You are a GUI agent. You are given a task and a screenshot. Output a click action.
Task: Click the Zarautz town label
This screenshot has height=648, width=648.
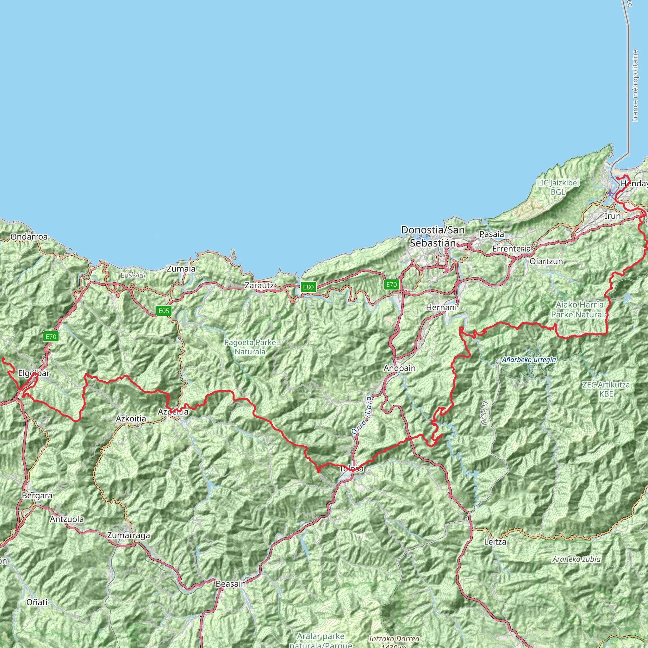pyautogui.click(x=259, y=285)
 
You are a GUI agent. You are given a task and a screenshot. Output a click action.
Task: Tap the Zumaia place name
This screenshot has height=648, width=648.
pyautogui.click(x=181, y=269)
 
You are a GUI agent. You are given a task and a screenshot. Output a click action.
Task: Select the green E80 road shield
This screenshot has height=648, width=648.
pyautogui.click(x=308, y=287)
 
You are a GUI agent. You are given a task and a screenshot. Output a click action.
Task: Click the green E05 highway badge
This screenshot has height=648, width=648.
pyautogui.click(x=164, y=311)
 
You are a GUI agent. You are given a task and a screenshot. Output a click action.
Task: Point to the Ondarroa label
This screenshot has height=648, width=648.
pyautogui.click(x=29, y=237)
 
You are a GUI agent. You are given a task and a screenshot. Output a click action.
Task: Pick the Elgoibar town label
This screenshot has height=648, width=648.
pyautogui.click(x=34, y=373)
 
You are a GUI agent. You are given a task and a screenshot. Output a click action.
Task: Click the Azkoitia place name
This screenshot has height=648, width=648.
pyautogui.click(x=131, y=419)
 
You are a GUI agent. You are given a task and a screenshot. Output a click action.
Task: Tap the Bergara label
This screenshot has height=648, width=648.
pyautogui.click(x=37, y=495)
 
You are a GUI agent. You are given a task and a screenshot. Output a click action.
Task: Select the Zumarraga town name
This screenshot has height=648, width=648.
pyautogui.click(x=128, y=535)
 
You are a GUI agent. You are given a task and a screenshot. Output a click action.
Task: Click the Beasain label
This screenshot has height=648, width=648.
pyautogui.click(x=231, y=583)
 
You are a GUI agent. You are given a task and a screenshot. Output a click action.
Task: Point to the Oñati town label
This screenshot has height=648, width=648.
pyautogui.click(x=37, y=602)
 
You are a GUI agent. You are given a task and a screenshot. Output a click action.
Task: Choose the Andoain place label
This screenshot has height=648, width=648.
pyautogui.click(x=400, y=368)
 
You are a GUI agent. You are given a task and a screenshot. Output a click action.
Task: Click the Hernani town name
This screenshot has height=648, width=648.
pyautogui.click(x=441, y=307)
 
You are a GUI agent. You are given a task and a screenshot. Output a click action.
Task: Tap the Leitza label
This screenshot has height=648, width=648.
pyautogui.click(x=495, y=541)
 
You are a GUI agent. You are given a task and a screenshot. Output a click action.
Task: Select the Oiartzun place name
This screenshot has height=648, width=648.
pyautogui.click(x=546, y=261)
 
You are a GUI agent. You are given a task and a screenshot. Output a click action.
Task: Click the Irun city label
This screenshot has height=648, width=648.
pyautogui.click(x=613, y=216)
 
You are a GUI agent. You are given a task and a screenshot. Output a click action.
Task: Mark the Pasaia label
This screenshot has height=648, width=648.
pyautogui.click(x=492, y=234)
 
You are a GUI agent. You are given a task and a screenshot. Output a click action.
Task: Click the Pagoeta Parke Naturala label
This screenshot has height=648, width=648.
pyautogui.click(x=250, y=347)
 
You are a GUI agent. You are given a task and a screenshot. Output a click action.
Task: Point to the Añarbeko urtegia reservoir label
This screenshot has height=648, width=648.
pyautogui.click(x=529, y=360)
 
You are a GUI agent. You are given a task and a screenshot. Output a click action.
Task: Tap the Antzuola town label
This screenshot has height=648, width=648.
pyautogui.click(x=67, y=519)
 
